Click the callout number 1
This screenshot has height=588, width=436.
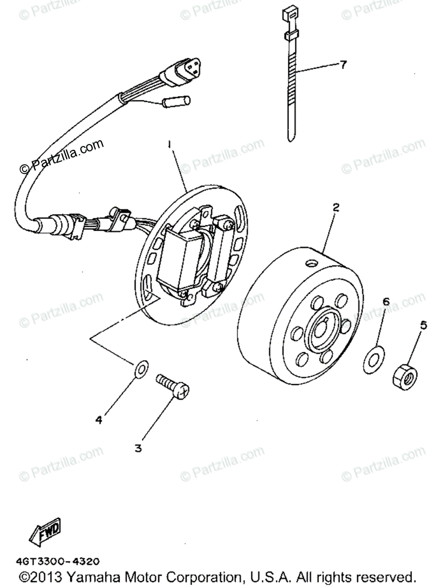click(x=169, y=145)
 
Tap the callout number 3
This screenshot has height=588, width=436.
click(x=138, y=448)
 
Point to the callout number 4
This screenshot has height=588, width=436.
click(x=99, y=420)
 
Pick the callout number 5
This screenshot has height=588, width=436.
click(x=423, y=324)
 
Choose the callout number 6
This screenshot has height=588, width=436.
click(x=386, y=302)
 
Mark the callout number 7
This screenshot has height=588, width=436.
click(x=343, y=64)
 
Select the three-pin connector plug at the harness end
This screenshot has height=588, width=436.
click(x=184, y=72)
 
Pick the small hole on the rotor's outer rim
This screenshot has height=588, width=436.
click(x=310, y=264)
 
